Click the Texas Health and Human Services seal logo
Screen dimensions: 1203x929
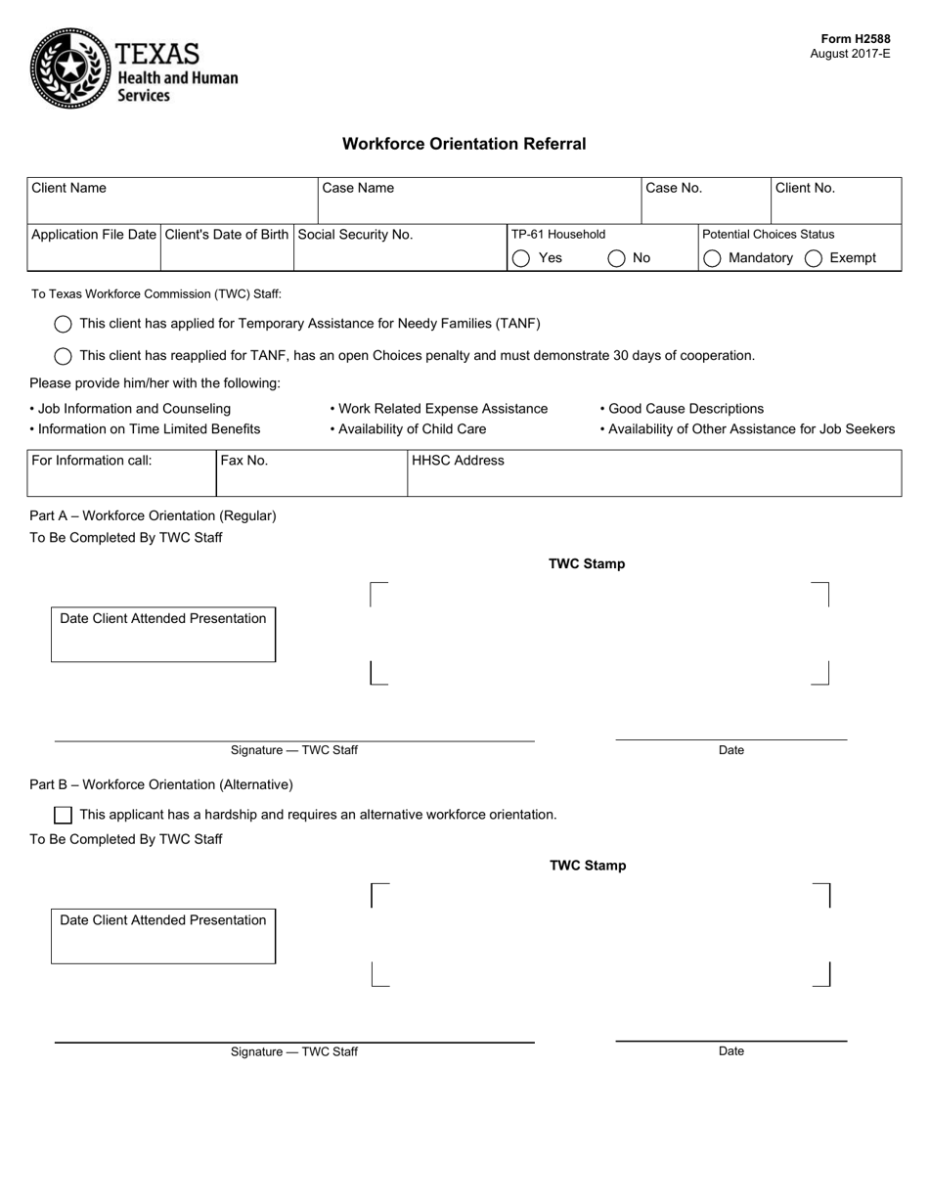tap(70, 67)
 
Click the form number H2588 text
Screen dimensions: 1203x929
tap(855, 39)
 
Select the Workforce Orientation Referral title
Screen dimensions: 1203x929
tap(464, 144)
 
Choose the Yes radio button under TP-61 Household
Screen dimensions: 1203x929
tap(521, 258)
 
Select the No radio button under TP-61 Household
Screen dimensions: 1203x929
tap(617, 258)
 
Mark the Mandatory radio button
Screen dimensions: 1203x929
tap(713, 258)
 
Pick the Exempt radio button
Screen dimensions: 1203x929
tap(814, 258)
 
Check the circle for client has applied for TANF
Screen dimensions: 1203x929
tap(64, 324)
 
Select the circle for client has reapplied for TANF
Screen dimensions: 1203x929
tap(64, 356)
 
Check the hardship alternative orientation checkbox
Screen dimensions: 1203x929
tap(64, 815)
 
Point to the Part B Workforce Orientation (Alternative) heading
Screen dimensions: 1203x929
tap(161, 784)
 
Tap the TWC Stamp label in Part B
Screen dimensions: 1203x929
tap(588, 866)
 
